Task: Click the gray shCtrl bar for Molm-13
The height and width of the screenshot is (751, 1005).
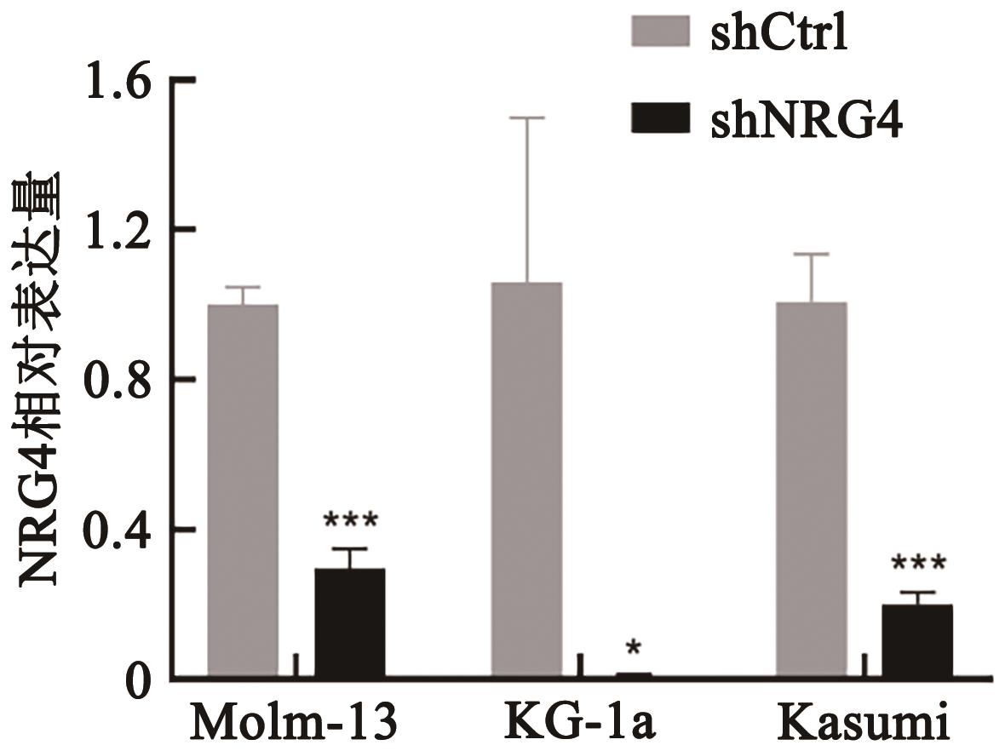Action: pos(243,491)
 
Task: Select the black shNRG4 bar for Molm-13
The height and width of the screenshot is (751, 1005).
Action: pos(349,623)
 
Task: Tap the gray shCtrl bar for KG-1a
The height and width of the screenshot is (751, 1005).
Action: pos(526,480)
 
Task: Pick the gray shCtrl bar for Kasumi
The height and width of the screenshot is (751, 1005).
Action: pos(811,490)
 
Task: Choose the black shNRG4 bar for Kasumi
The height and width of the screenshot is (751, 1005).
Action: pos(916,641)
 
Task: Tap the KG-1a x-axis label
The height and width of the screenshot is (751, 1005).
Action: pos(579,723)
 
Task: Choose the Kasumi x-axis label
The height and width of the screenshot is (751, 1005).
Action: pos(863,723)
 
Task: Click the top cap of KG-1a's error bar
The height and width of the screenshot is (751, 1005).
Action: pos(526,118)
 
